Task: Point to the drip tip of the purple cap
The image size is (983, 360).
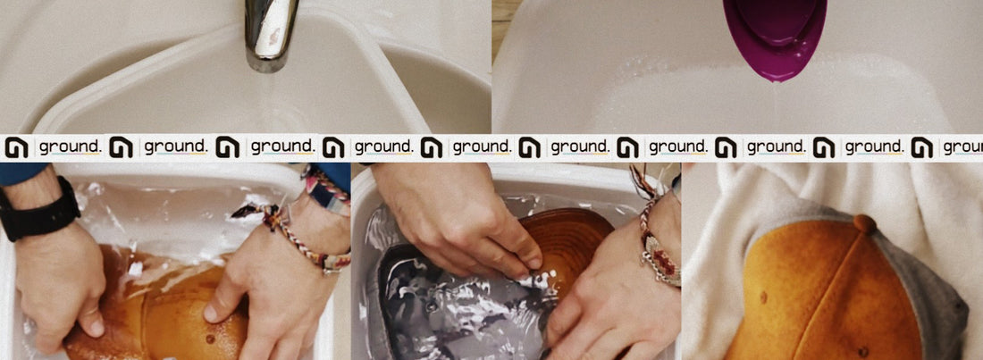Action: [777, 79]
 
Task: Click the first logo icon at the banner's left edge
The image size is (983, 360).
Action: [16, 147]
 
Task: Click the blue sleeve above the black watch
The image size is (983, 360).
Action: [22, 172]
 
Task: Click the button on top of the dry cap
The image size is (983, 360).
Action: [864, 224]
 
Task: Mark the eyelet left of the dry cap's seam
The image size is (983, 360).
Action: [763, 296]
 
